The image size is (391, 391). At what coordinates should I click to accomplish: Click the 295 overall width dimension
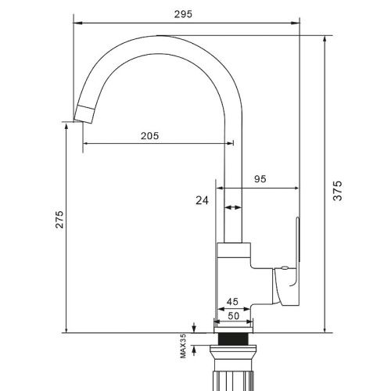point(184,14)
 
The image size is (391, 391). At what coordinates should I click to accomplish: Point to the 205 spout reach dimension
point(149,135)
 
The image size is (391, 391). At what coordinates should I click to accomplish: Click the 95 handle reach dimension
point(260,179)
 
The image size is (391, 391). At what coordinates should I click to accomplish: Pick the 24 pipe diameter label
point(203,201)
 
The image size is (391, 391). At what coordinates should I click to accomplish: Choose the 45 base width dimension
point(232,302)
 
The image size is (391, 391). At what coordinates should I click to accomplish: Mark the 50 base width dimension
point(232,315)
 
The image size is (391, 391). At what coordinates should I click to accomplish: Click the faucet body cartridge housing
point(235,282)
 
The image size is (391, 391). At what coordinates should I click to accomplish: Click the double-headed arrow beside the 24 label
point(232,208)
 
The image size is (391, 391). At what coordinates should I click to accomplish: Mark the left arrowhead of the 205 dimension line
point(85,143)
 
